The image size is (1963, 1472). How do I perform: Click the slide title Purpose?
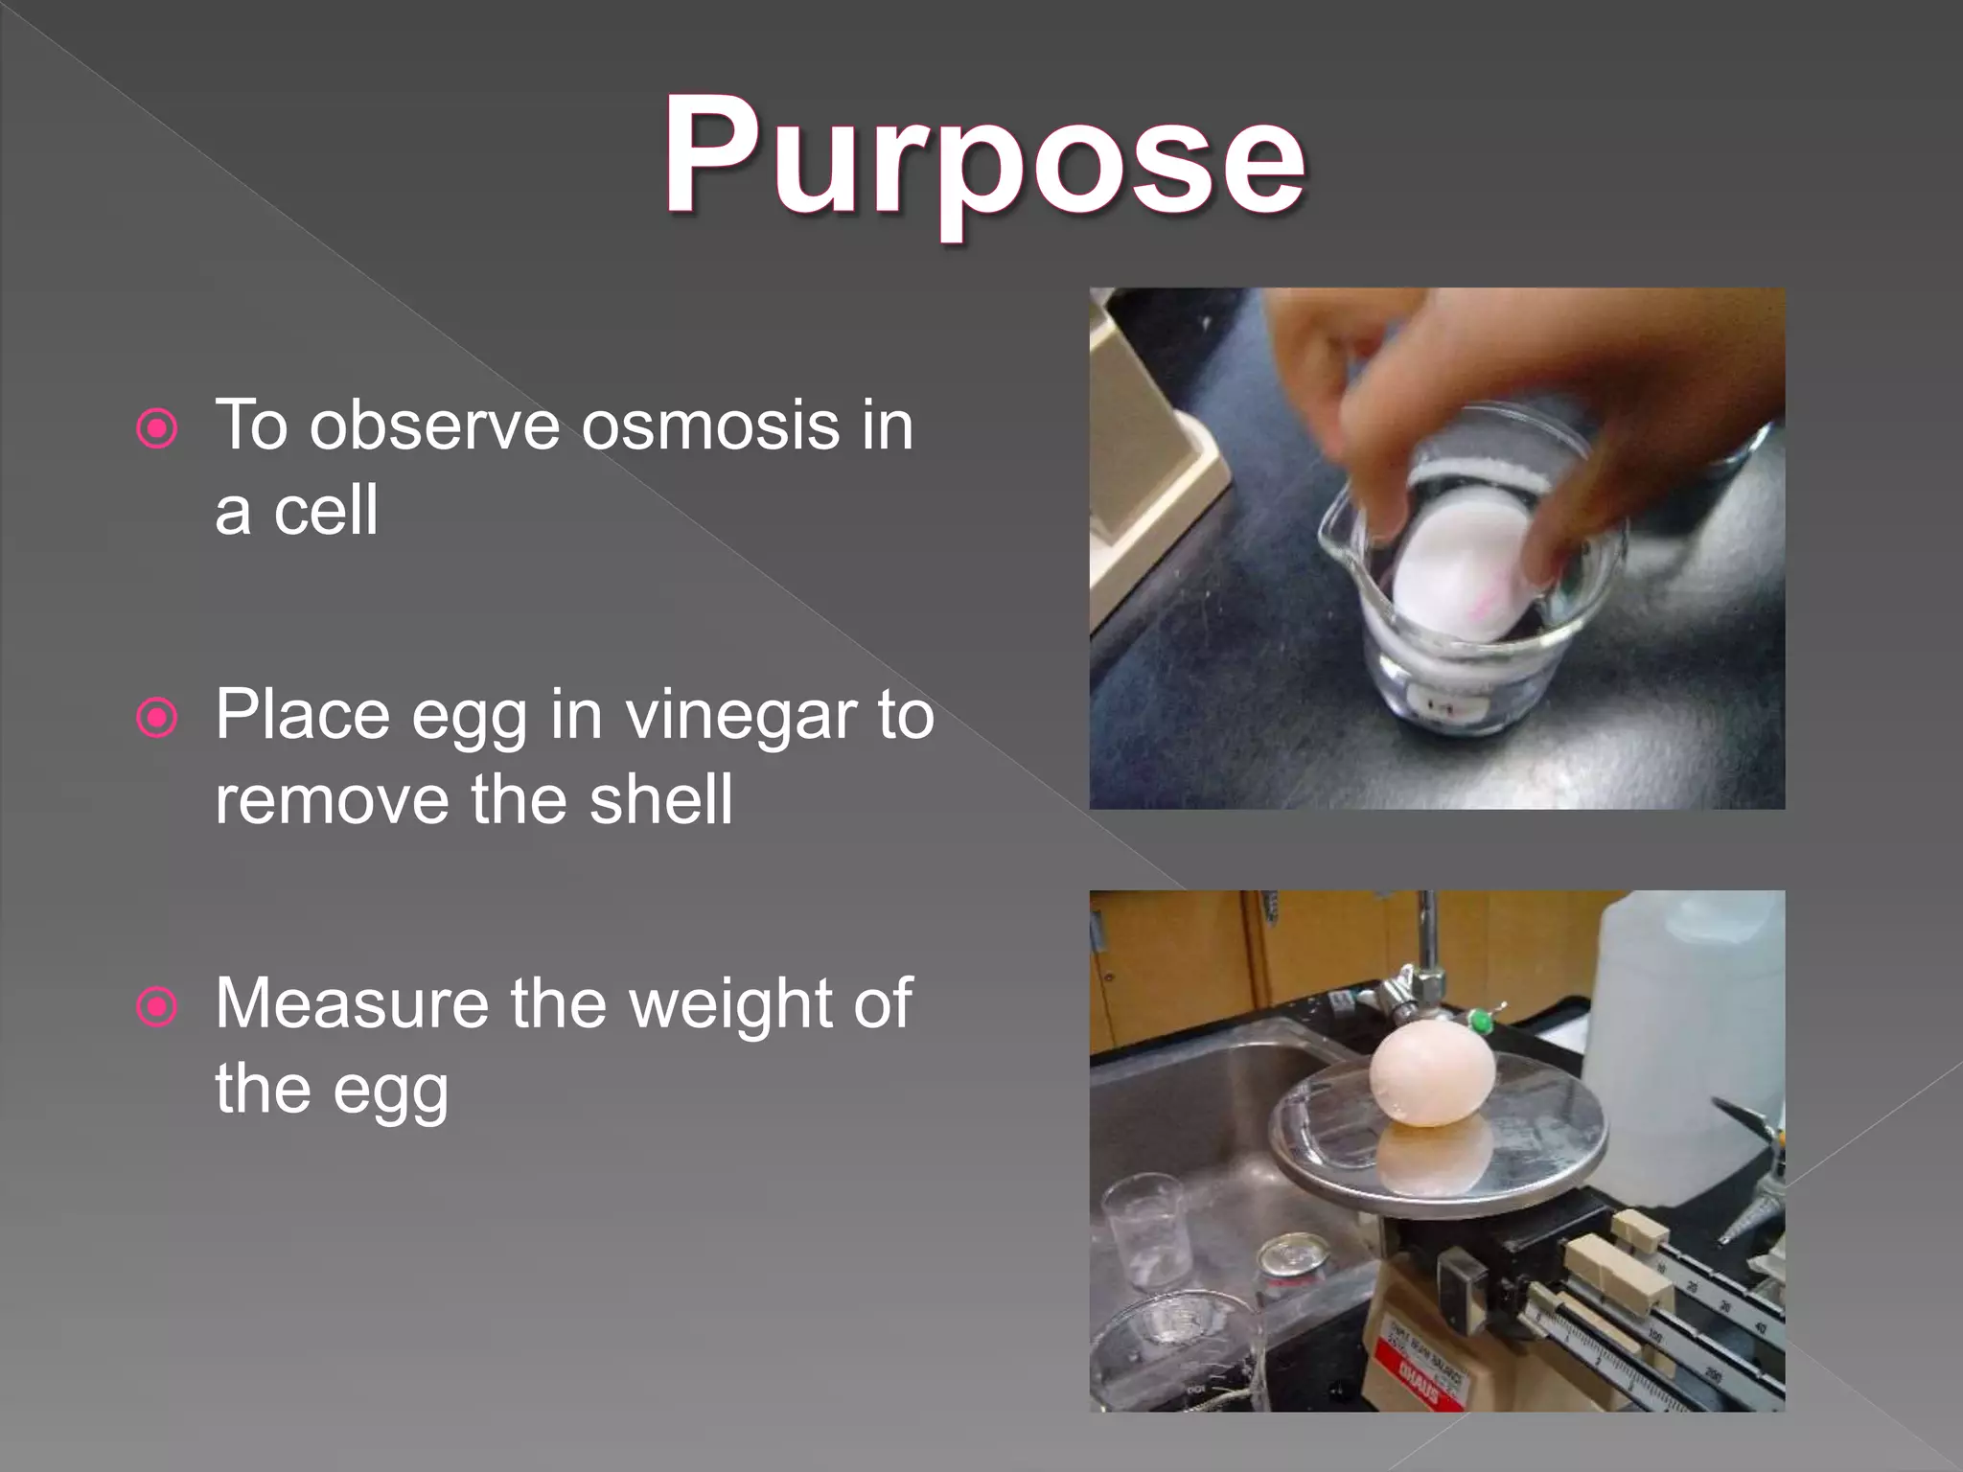983,158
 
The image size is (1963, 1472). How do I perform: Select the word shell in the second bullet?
660,799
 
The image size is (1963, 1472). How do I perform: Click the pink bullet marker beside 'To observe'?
157,429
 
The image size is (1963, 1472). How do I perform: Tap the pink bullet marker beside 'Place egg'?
157,719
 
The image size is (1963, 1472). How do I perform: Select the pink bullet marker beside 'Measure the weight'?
157,1007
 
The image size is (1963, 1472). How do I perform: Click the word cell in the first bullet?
326,510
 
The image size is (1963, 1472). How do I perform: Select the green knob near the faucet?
1481,1021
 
